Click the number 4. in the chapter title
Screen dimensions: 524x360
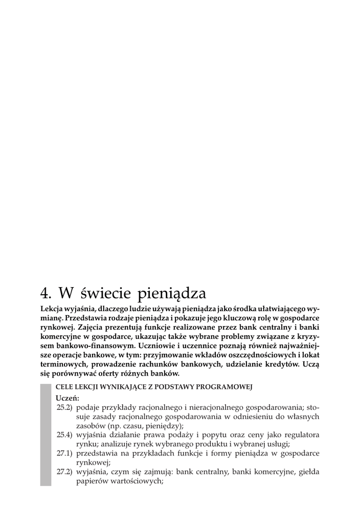click(47, 293)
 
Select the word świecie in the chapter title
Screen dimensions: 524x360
click(105, 293)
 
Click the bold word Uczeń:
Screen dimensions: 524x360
click(67, 398)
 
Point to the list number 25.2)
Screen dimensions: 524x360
click(64, 407)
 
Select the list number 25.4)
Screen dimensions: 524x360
click(64, 435)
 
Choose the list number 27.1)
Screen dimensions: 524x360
click(64, 453)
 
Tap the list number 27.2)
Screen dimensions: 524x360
click(64, 472)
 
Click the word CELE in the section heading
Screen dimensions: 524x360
click(64, 387)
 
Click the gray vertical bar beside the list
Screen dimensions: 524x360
click(46, 434)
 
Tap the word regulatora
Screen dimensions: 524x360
click(300, 435)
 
